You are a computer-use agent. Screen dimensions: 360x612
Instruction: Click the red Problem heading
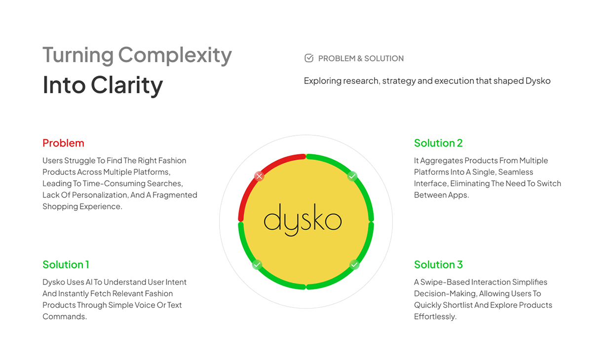pyautogui.click(x=63, y=143)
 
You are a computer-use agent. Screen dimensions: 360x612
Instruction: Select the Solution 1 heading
pyautogui.click(x=66, y=265)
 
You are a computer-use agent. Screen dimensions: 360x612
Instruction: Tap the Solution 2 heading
pyautogui.click(x=438, y=143)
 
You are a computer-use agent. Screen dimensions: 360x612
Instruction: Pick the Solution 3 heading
pyautogui.click(x=438, y=265)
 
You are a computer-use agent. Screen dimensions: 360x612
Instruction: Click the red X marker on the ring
pyautogui.click(x=259, y=176)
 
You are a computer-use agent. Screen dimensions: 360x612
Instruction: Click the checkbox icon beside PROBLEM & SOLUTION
pyautogui.click(x=309, y=58)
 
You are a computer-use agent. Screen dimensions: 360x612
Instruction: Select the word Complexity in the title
pyautogui.click(x=175, y=55)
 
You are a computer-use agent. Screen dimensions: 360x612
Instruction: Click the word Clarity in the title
pyautogui.click(x=126, y=85)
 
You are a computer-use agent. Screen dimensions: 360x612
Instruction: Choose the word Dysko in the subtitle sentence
pyautogui.click(x=537, y=81)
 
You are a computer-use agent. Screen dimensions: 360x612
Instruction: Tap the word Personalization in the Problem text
pyautogui.click(x=93, y=195)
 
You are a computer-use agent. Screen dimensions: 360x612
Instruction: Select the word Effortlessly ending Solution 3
pyautogui.click(x=435, y=317)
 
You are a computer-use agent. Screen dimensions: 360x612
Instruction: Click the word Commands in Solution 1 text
pyautogui.click(x=64, y=317)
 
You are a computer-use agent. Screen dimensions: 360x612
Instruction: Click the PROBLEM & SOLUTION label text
pyautogui.click(x=361, y=59)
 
